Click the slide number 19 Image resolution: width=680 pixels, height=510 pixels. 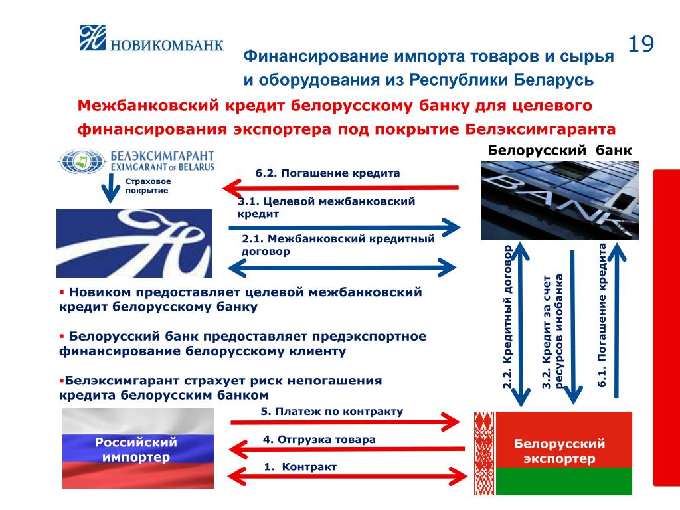pos(641,44)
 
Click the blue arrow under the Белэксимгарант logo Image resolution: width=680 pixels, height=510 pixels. pos(108,189)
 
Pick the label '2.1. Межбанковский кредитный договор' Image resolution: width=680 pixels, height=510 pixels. pos(338,245)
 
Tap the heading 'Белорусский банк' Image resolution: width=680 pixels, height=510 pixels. pos(560,150)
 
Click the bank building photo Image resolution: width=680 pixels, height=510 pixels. pos(560,199)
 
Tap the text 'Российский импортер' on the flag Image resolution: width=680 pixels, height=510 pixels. pos(135,449)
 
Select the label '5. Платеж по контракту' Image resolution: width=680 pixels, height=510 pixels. pos(332,412)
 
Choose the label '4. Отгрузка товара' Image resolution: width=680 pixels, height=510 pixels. pos(319,439)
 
